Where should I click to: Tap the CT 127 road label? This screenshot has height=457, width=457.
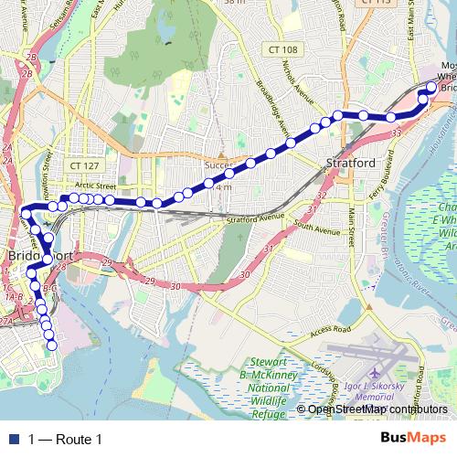[82, 165]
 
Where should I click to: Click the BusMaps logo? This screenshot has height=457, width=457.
[412, 438]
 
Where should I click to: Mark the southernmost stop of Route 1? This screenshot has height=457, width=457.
[52, 345]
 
